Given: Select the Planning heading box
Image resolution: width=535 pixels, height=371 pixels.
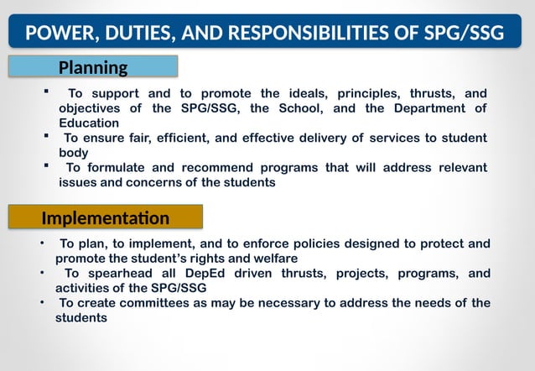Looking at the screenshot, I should [x=93, y=67].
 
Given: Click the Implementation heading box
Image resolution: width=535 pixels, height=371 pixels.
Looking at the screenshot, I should [x=106, y=218].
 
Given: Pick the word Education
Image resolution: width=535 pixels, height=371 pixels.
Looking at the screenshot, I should [x=89, y=123].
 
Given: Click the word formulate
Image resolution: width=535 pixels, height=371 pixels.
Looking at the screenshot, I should [x=132, y=167].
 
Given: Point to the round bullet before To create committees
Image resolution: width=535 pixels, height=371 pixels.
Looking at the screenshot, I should [x=42, y=300].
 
